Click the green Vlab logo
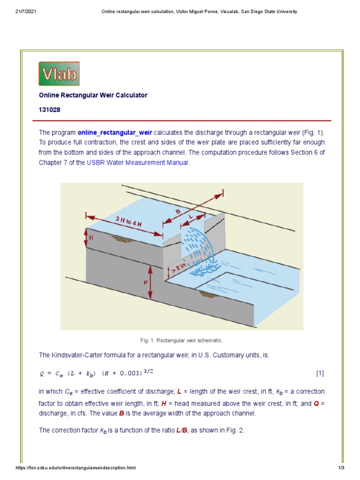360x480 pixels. click(59, 74)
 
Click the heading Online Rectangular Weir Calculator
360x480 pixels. click(93, 95)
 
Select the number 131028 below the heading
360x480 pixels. click(49, 110)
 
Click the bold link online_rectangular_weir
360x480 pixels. click(115, 133)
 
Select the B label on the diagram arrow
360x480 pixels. click(178, 212)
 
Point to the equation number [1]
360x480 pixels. click(320, 373)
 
